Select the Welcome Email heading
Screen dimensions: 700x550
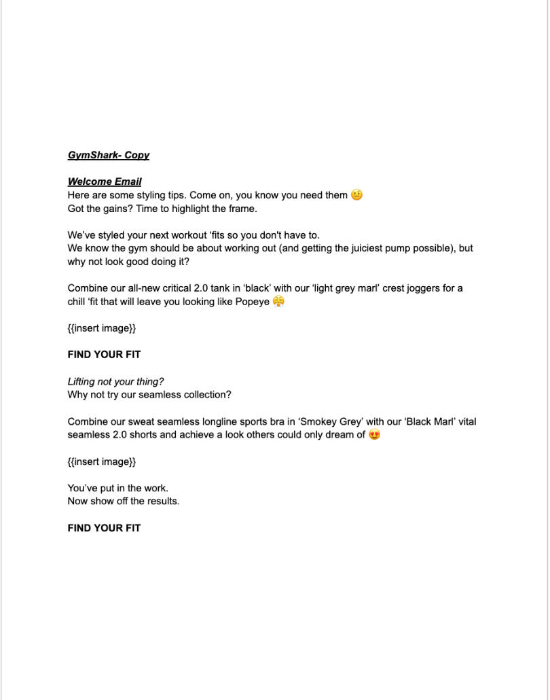105,181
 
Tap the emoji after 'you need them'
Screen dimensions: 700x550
357,195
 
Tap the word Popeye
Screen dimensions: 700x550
252,302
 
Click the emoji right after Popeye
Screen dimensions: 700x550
278,301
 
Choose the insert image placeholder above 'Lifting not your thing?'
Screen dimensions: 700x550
102,328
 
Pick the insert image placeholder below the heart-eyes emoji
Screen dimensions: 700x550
102,461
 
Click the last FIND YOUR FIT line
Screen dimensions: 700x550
104,528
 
